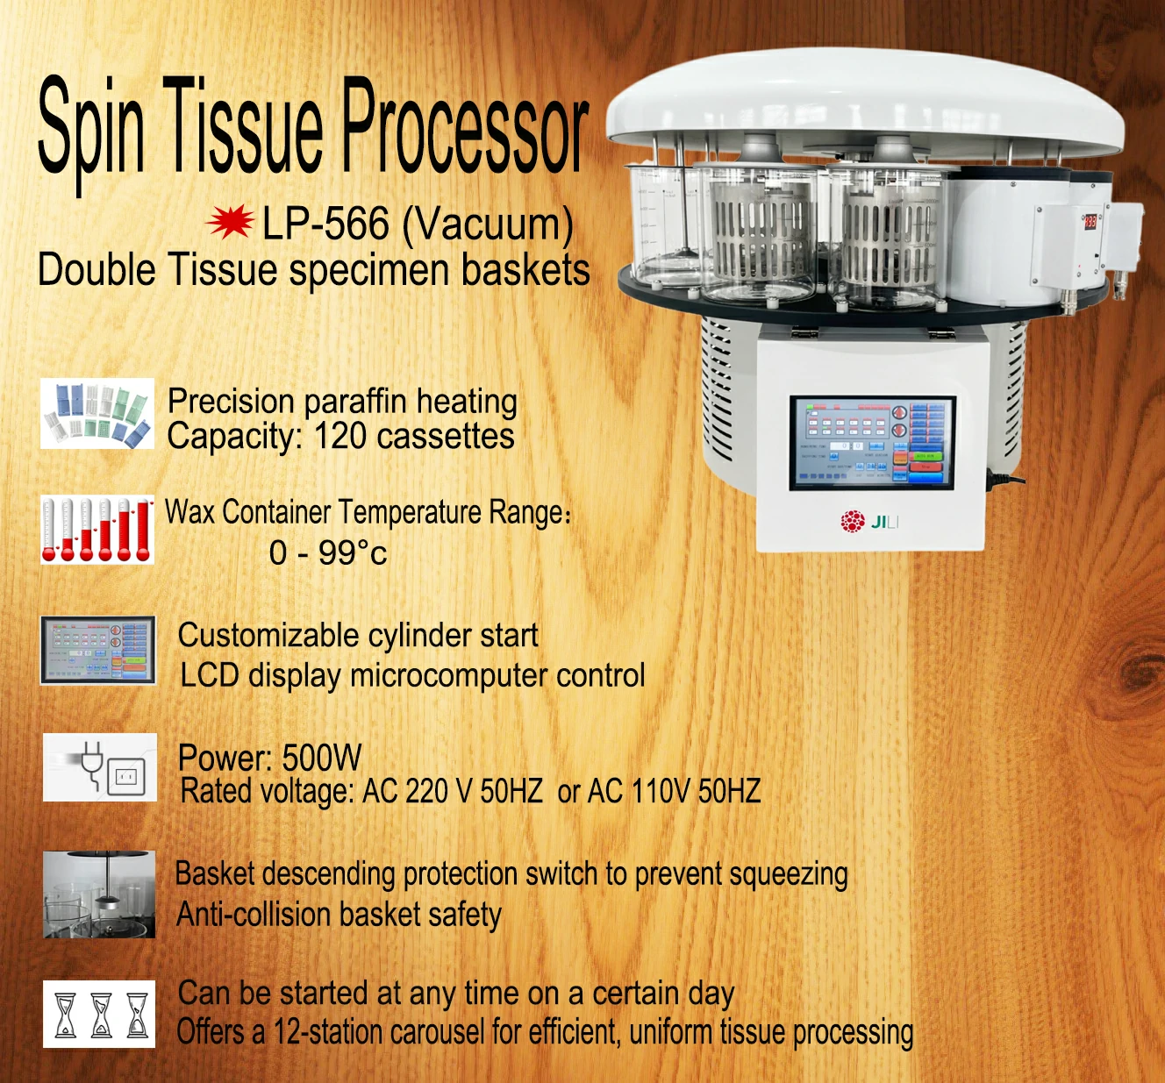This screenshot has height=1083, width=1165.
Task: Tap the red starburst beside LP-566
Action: click(x=230, y=223)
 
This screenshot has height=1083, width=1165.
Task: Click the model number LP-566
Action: click(x=325, y=224)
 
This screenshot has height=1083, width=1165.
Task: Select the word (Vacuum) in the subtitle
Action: click(x=488, y=225)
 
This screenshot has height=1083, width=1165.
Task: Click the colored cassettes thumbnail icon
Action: click(x=97, y=414)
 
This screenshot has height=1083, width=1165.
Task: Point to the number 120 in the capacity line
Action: click(x=341, y=436)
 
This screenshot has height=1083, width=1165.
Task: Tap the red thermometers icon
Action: click(x=97, y=530)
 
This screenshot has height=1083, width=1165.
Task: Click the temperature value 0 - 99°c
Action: click(x=328, y=552)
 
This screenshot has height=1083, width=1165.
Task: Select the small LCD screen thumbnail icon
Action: click(x=98, y=650)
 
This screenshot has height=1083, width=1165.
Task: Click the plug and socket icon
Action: click(x=100, y=766)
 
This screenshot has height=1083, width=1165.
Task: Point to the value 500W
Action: click(x=322, y=758)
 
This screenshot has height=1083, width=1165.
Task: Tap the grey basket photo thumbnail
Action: click(x=99, y=894)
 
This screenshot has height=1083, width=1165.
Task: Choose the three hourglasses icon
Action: click(x=99, y=1014)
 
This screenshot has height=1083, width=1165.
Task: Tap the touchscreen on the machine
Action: click(x=872, y=443)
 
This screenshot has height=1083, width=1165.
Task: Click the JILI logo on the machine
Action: click(x=869, y=521)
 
